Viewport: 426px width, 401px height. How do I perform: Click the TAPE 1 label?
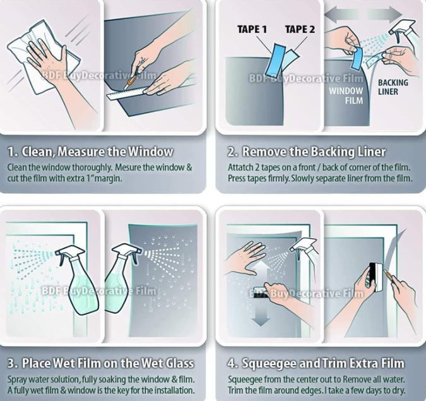point(252,29)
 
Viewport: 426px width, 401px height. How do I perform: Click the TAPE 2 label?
point(300,29)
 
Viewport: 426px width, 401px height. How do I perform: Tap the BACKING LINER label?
point(393,87)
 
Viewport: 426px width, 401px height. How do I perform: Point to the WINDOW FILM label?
point(346,95)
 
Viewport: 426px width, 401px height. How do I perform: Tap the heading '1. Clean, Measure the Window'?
point(90,152)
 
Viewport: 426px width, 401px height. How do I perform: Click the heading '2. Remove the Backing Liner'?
point(307,152)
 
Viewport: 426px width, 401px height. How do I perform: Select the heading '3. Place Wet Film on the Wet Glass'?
point(101,363)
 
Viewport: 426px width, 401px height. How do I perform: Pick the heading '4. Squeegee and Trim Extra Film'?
point(316,363)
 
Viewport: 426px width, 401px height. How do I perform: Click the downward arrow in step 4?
point(261,312)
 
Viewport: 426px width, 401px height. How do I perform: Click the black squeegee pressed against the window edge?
point(376,277)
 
